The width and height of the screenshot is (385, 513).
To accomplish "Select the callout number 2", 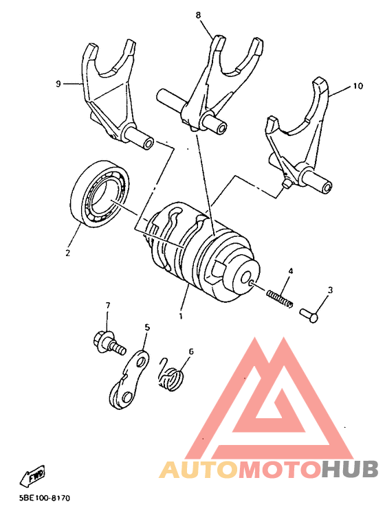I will click(67, 253).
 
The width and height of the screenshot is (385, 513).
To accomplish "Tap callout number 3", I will click(329, 290).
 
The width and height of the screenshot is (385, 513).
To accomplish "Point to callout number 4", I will click(291, 272).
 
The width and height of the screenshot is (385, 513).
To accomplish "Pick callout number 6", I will click(190, 352).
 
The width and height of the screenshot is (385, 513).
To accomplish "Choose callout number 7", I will click(107, 304).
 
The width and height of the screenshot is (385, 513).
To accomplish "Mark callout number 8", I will click(198, 14).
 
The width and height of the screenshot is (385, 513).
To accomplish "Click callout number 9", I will click(58, 84).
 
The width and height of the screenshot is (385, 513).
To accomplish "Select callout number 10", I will click(357, 87).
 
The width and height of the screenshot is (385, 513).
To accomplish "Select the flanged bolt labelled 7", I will click(109, 342).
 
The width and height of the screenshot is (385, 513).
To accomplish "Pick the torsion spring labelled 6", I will click(172, 375).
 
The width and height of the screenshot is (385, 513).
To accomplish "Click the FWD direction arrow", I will click(35, 475).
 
